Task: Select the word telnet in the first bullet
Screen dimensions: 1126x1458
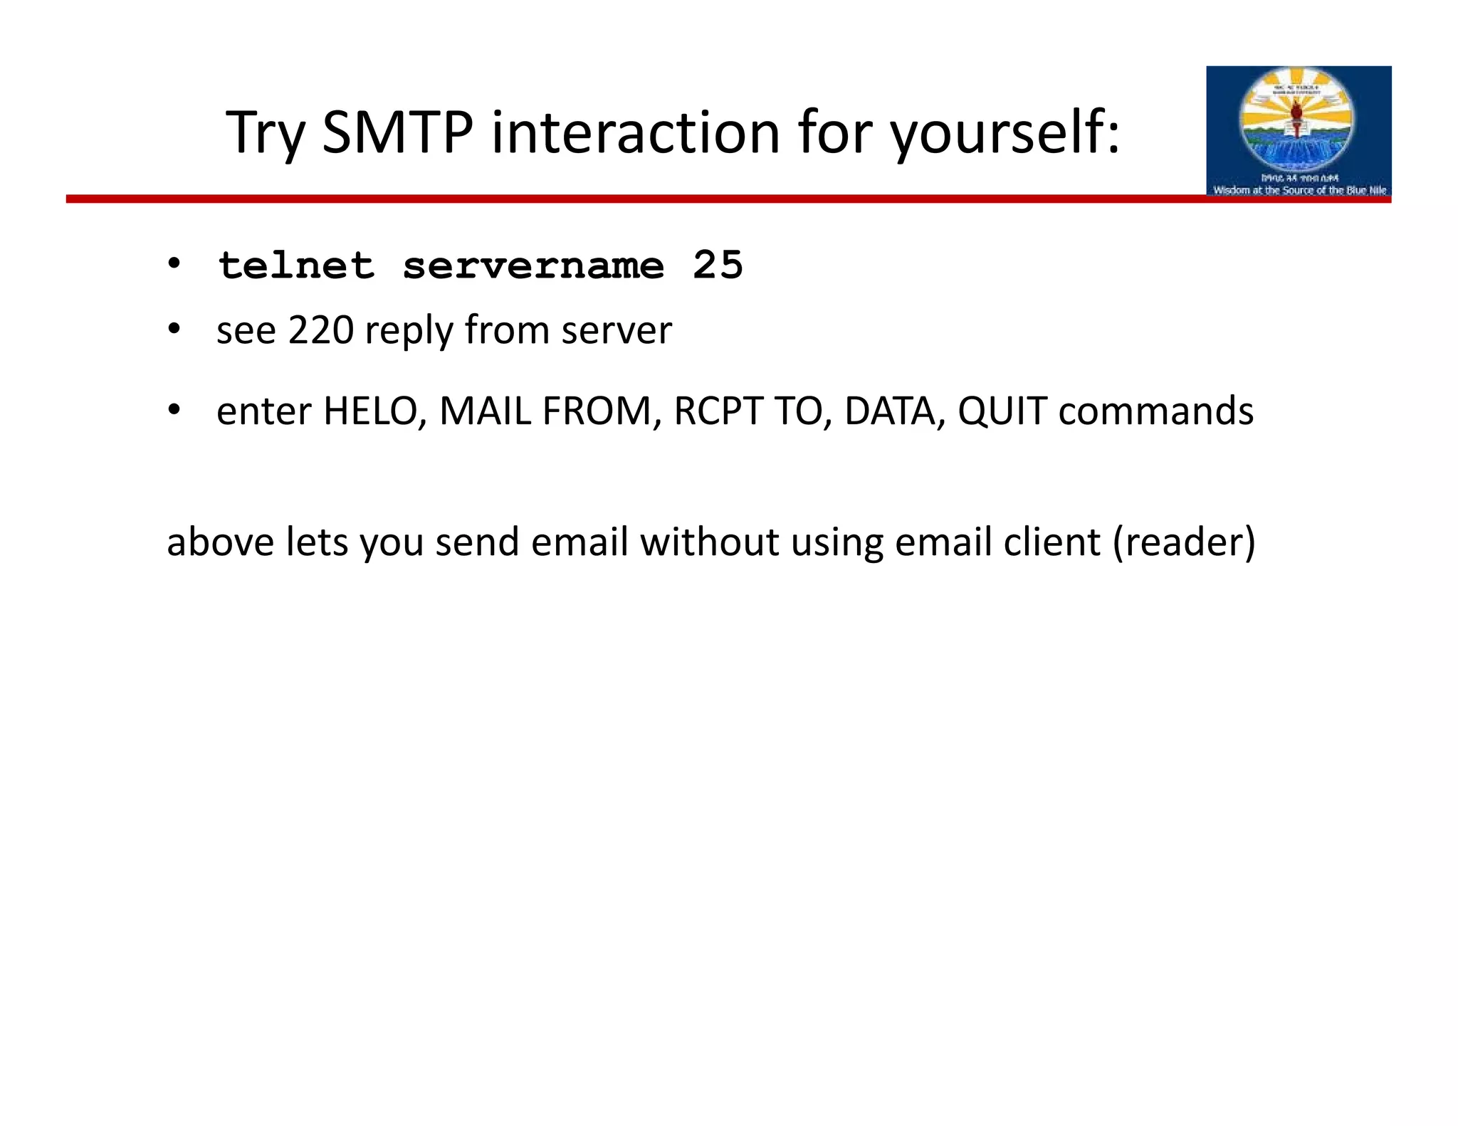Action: (x=296, y=265)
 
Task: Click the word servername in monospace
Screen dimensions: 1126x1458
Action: (x=533, y=266)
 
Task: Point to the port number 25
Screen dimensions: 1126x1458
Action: (x=718, y=265)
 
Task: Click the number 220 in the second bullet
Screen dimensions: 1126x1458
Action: (x=321, y=330)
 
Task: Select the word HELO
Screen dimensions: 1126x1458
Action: (x=370, y=411)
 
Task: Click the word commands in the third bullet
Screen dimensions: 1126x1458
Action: (x=1155, y=411)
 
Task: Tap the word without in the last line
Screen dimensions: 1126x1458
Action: (x=709, y=542)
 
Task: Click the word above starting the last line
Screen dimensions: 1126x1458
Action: (x=220, y=542)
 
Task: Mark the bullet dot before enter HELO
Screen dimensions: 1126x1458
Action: (x=174, y=410)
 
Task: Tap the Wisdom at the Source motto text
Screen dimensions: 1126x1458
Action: (x=1299, y=190)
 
